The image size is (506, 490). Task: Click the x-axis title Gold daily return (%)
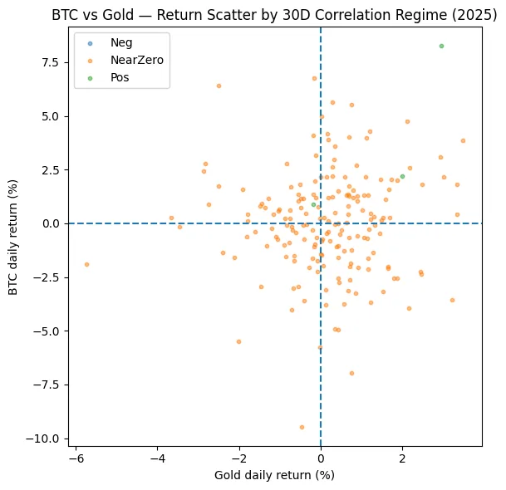[x=274, y=475]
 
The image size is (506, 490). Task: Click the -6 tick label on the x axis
[x=76, y=458]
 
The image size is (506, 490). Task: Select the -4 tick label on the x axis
[x=157, y=458]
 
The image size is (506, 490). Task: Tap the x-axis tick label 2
[x=402, y=458]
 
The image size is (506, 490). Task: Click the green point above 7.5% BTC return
[x=441, y=46]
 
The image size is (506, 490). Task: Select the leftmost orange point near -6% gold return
[x=86, y=264]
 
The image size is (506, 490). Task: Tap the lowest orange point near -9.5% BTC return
[x=302, y=427]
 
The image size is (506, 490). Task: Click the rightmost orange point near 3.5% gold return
[x=463, y=140]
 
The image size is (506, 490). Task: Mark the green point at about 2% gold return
[x=402, y=176]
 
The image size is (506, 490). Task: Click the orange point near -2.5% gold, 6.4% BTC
[x=219, y=86]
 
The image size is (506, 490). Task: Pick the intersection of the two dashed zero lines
[x=321, y=223]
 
